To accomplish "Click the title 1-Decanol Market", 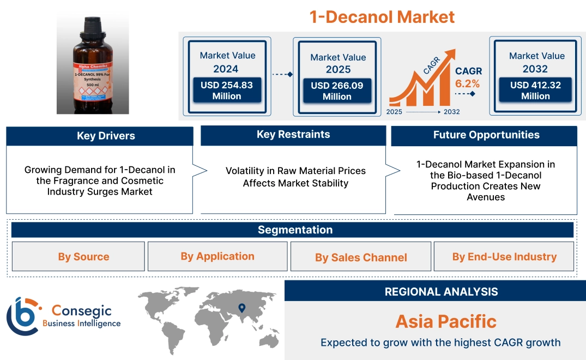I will click(382, 16).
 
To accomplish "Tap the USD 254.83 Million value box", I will click(226, 90).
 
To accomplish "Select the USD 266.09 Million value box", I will click(337, 91).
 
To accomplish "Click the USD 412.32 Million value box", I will click(535, 90).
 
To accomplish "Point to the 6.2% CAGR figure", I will click(468, 83).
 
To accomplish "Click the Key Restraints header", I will click(293, 135).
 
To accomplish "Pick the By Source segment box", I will click(83, 257).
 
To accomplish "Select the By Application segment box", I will click(218, 256).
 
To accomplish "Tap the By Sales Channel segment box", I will click(361, 257).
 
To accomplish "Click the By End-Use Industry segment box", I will click(504, 257).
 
